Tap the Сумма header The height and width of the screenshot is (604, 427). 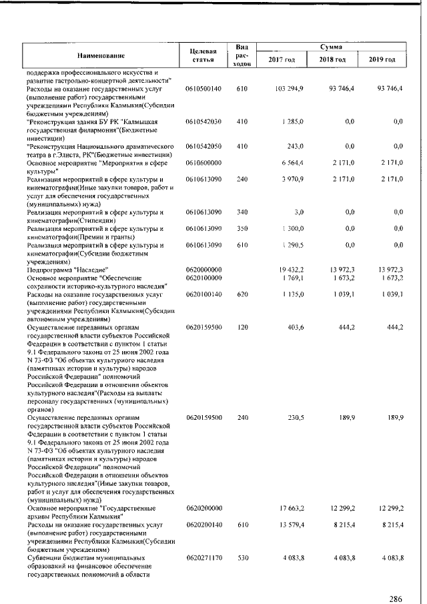click(x=331, y=47)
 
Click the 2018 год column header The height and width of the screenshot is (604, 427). click(x=331, y=61)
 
